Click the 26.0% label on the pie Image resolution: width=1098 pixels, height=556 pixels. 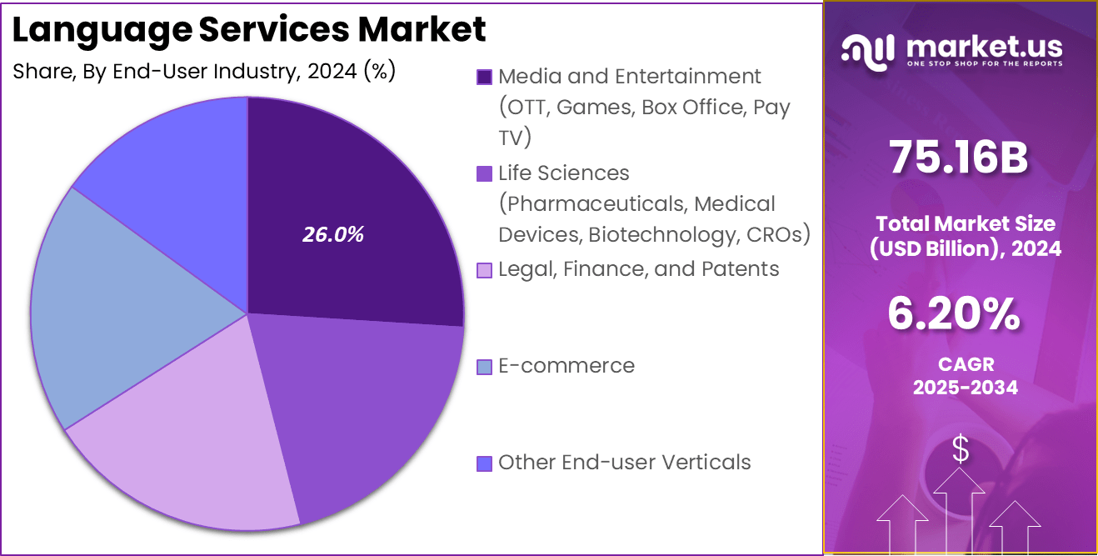pos(332,235)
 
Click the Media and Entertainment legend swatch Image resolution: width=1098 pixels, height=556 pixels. pos(484,78)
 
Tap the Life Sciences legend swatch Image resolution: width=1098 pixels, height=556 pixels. pos(484,174)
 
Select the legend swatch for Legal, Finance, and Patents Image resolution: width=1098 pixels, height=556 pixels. pos(484,270)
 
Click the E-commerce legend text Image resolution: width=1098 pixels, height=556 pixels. pos(566,366)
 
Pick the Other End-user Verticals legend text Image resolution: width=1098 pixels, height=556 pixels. pos(625,463)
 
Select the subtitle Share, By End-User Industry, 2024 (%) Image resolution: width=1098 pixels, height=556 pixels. pos(204,72)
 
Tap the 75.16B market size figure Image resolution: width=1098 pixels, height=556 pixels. pos(959,158)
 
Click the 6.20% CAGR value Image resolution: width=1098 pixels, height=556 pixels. pos(953,314)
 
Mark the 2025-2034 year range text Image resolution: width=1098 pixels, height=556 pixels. pos(965,388)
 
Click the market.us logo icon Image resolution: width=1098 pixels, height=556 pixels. pos(867,50)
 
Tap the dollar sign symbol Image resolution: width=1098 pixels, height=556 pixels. pos(961,449)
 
